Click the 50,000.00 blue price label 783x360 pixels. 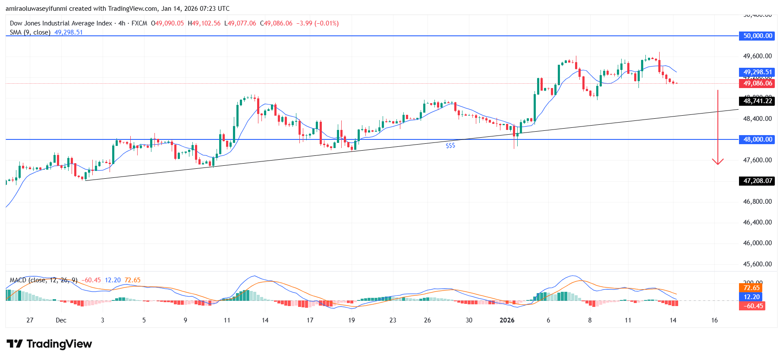click(757, 36)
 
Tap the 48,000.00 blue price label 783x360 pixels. click(757, 139)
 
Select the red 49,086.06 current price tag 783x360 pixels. click(757, 83)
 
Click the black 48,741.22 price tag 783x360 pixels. click(757, 101)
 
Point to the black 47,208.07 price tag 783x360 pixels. click(757, 181)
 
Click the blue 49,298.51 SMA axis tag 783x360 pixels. click(757, 72)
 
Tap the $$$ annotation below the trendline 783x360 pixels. click(450, 146)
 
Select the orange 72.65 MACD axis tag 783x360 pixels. click(751, 288)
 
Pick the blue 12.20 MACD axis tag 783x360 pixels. click(751, 297)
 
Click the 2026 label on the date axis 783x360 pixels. click(507, 320)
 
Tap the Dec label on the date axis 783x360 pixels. click(61, 320)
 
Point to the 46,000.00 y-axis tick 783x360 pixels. click(757, 243)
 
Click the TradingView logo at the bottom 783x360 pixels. click(49, 344)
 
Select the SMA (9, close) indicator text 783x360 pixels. click(30, 32)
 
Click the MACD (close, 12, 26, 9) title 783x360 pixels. click(43, 280)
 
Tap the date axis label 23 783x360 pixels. click(393, 320)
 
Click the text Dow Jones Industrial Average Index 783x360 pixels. click(61, 23)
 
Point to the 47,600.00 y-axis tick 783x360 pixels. click(757, 160)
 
